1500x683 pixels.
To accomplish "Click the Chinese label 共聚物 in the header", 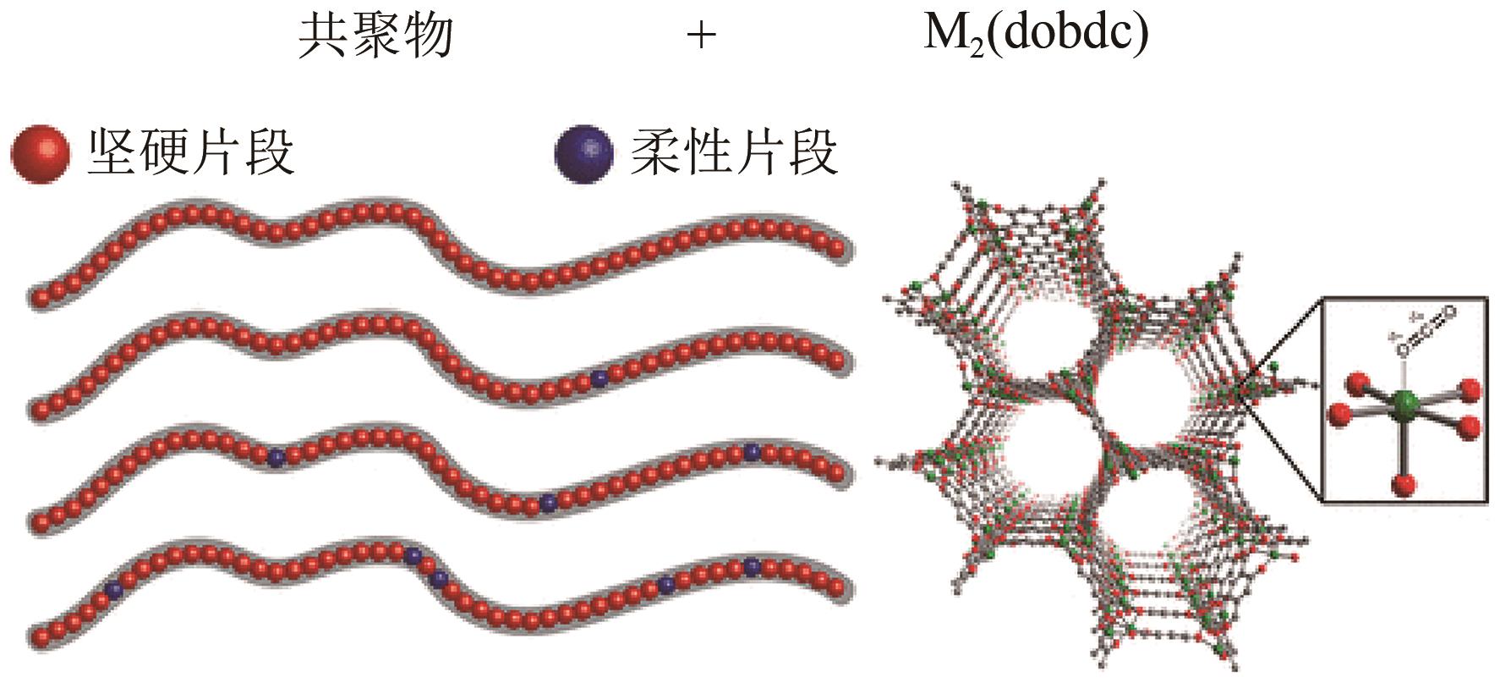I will coord(376,36).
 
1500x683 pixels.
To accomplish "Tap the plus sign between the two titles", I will coord(701,36).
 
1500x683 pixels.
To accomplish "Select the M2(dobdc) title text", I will coord(1036,36).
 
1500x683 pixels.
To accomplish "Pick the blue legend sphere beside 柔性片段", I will coord(584,155).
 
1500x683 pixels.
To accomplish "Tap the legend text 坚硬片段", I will coord(191,153).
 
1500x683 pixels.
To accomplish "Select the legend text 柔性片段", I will coord(734,153).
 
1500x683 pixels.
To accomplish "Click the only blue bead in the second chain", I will coord(599,378).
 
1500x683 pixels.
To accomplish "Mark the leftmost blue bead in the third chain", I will coord(276,458).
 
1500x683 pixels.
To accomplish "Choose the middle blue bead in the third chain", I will coord(549,504).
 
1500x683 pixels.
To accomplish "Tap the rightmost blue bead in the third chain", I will coord(752,453).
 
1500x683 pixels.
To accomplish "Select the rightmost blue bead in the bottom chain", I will coord(752,567).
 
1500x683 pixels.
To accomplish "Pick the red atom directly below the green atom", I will coord(1405,484).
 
